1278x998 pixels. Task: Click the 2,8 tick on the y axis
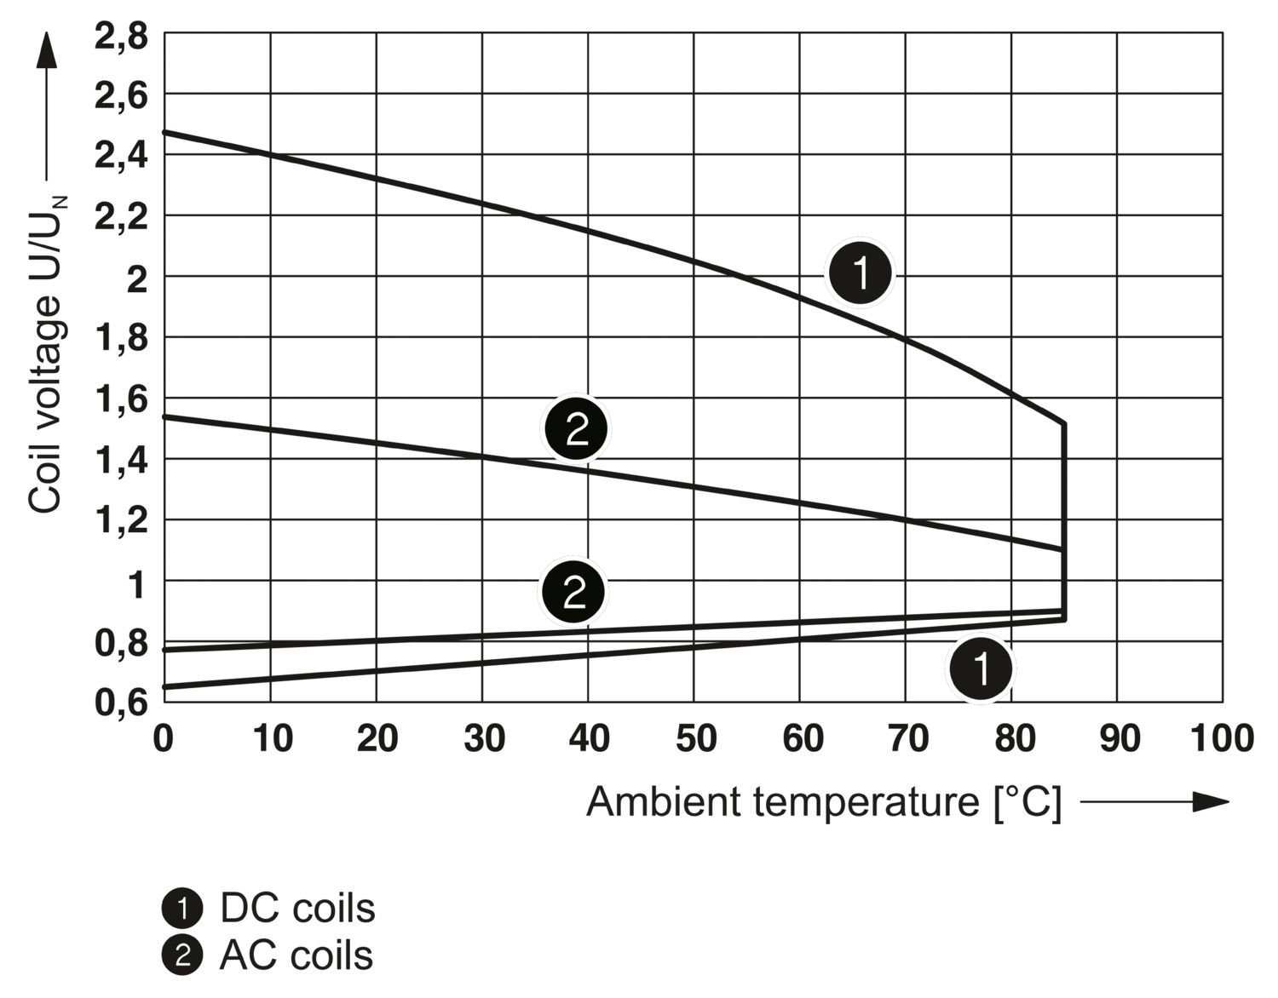(120, 37)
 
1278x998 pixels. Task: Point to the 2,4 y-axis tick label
(120, 158)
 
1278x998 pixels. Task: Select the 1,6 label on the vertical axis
(120, 399)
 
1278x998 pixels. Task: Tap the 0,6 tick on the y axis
(120, 703)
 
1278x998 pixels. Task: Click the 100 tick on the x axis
(1222, 738)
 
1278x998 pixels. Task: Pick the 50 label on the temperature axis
(695, 738)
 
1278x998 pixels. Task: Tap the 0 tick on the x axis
(163, 738)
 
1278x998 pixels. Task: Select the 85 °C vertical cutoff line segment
(1064, 519)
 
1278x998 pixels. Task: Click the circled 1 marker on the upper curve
(861, 273)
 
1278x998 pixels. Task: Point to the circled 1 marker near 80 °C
(982, 669)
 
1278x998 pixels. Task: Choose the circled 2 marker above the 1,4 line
(577, 429)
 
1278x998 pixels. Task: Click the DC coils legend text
(297, 909)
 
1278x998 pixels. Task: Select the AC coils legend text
(296, 955)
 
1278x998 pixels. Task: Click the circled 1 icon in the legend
(181, 909)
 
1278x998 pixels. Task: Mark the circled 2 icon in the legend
(181, 955)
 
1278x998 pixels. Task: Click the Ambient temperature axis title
(824, 802)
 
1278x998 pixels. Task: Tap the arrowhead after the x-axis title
(1211, 802)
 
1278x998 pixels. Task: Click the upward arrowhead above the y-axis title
(47, 51)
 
